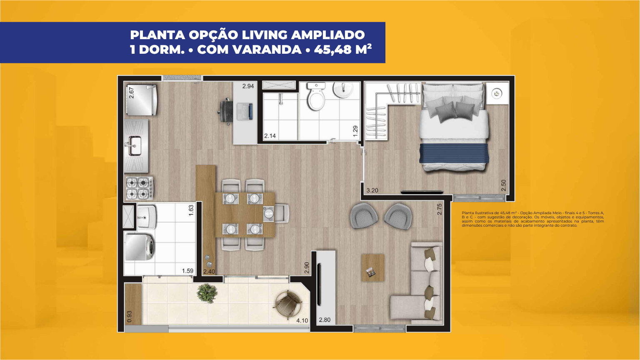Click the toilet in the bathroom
click(x=316, y=96)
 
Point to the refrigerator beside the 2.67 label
click(x=141, y=100)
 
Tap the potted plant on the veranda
click(x=207, y=293)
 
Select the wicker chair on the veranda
click(x=288, y=303)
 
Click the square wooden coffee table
click(x=373, y=268)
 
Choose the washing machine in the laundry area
click(x=140, y=247)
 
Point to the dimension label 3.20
click(x=372, y=190)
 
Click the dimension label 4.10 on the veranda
click(x=302, y=320)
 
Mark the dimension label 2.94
click(x=248, y=86)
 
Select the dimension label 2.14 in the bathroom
click(x=270, y=136)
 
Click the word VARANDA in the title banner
click(x=267, y=50)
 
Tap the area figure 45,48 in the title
click(x=332, y=50)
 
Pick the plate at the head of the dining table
click(x=269, y=213)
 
